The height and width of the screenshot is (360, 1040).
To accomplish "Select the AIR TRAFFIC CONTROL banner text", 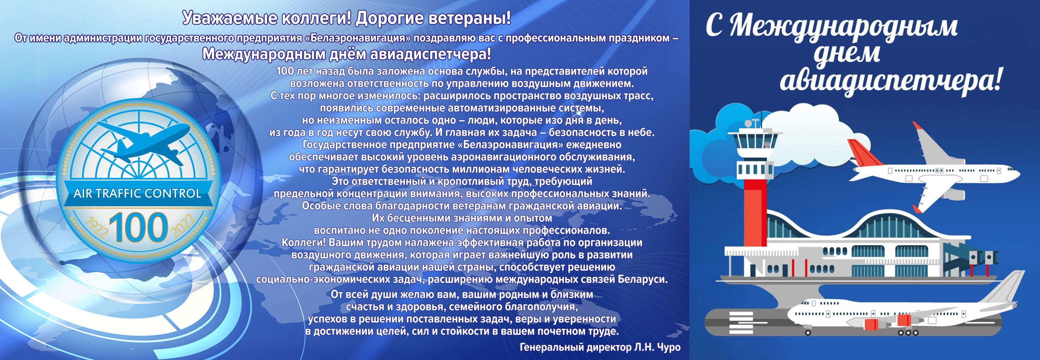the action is tap(137, 193).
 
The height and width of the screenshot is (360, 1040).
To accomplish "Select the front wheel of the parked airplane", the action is tap(808, 333).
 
